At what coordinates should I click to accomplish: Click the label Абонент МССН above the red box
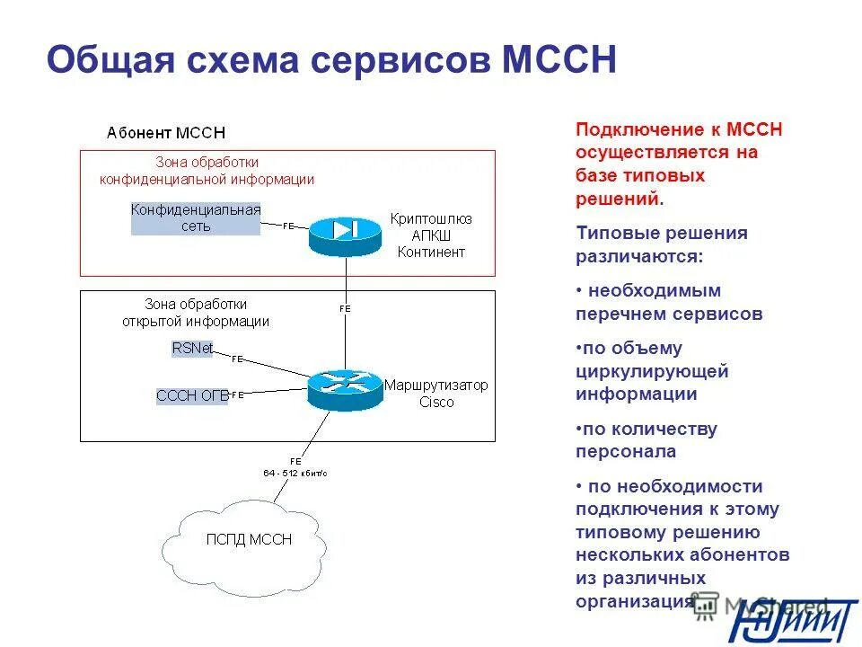(x=165, y=133)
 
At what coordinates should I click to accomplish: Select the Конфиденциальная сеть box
(x=196, y=218)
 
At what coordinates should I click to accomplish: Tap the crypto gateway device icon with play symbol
(x=345, y=233)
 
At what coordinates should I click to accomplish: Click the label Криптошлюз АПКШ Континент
(x=430, y=235)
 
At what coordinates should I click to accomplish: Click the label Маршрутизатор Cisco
(x=436, y=394)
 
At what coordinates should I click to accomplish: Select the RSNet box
(x=192, y=349)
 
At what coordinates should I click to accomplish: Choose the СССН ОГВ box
(x=191, y=394)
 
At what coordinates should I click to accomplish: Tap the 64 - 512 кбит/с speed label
(x=295, y=472)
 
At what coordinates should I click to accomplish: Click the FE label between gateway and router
(x=345, y=308)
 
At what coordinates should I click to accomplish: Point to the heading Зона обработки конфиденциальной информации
(x=207, y=171)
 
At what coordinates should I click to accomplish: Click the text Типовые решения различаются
(x=661, y=244)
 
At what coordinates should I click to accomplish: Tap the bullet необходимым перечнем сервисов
(x=668, y=303)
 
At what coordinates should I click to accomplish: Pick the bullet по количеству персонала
(x=646, y=440)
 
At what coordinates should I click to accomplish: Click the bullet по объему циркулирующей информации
(x=652, y=371)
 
